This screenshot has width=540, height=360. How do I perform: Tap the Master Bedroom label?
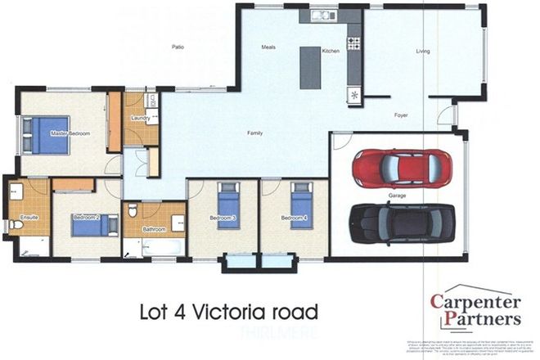pyautogui.click(x=69, y=133)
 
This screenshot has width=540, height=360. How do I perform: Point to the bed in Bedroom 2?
pyautogui.click(x=95, y=224)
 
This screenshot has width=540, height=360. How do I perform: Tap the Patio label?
pyautogui.click(x=178, y=47)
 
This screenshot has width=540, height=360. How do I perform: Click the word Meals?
pyautogui.click(x=268, y=47)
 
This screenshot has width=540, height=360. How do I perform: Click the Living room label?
pyautogui.click(x=423, y=52)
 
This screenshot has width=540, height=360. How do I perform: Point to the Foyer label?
pyautogui.click(x=401, y=115)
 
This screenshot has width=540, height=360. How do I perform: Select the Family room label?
pyautogui.click(x=256, y=133)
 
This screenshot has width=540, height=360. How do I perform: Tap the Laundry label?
pyautogui.click(x=139, y=118)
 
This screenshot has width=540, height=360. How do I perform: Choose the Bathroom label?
pyautogui.click(x=154, y=230)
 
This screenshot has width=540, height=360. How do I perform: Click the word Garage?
pyautogui.click(x=398, y=196)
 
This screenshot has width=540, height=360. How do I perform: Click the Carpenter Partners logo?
pyautogui.click(x=475, y=310)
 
